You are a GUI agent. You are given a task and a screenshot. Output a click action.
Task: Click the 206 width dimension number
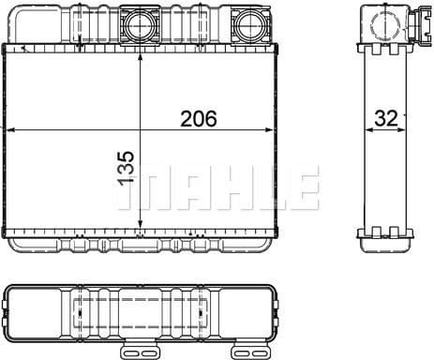click(x=197, y=119)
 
